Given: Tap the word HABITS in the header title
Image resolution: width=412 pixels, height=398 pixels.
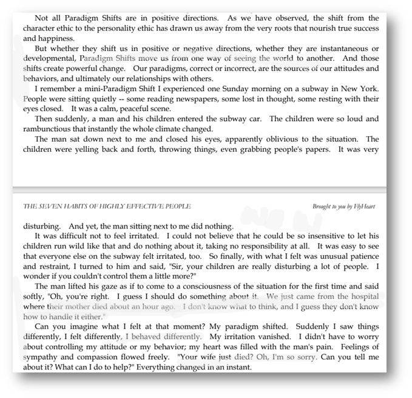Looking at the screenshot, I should (x=82, y=207).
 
